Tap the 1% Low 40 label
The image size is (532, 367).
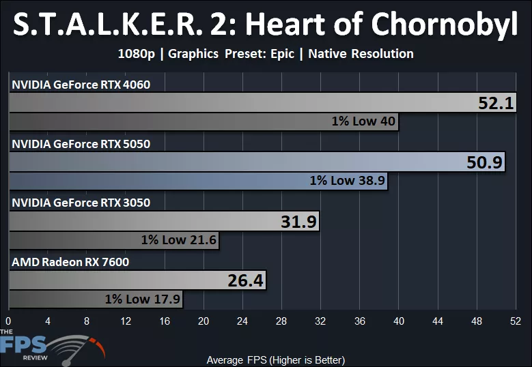click(363, 121)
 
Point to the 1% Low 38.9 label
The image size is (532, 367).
click(347, 181)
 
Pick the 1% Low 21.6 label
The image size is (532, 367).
click(178, 240)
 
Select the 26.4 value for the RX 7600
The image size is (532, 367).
click(245, 280)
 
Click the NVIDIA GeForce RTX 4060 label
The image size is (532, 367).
click(81, 85)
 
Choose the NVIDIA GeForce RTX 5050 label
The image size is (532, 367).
click(81, 144)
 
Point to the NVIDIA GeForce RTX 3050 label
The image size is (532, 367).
click(81, 203)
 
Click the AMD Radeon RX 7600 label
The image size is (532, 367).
click(70, 261)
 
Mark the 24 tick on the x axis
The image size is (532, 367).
click(242, 321)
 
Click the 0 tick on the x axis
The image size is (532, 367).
click(8, 321)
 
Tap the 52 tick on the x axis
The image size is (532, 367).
click(516, 321)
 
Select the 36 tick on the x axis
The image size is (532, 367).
click(360, 321)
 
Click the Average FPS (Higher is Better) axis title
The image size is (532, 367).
click(275, 359)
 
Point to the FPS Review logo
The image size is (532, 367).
click(48, 346)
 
